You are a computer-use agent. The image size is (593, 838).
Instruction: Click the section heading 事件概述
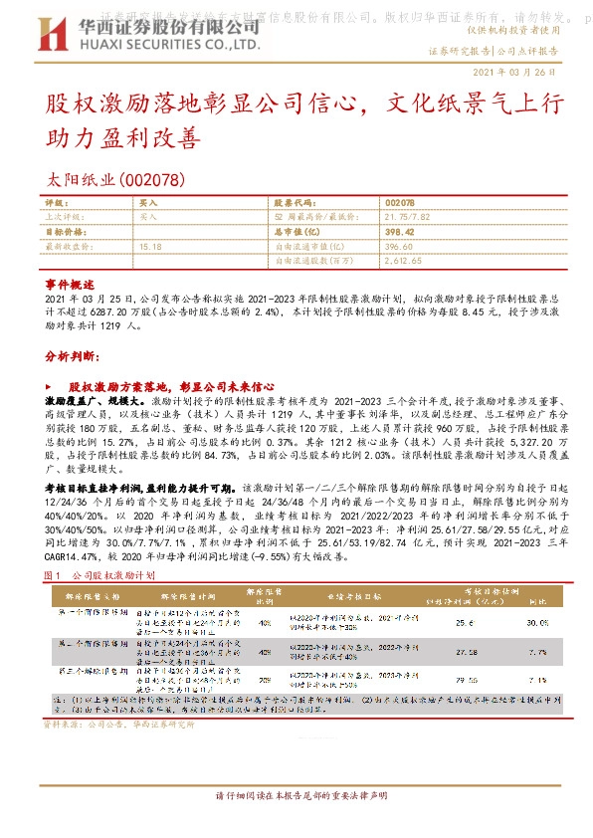pyautogui.click(x=69, y=283)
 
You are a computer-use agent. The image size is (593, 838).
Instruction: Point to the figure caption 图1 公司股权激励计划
pyautogui.click(x=99, y=575)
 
